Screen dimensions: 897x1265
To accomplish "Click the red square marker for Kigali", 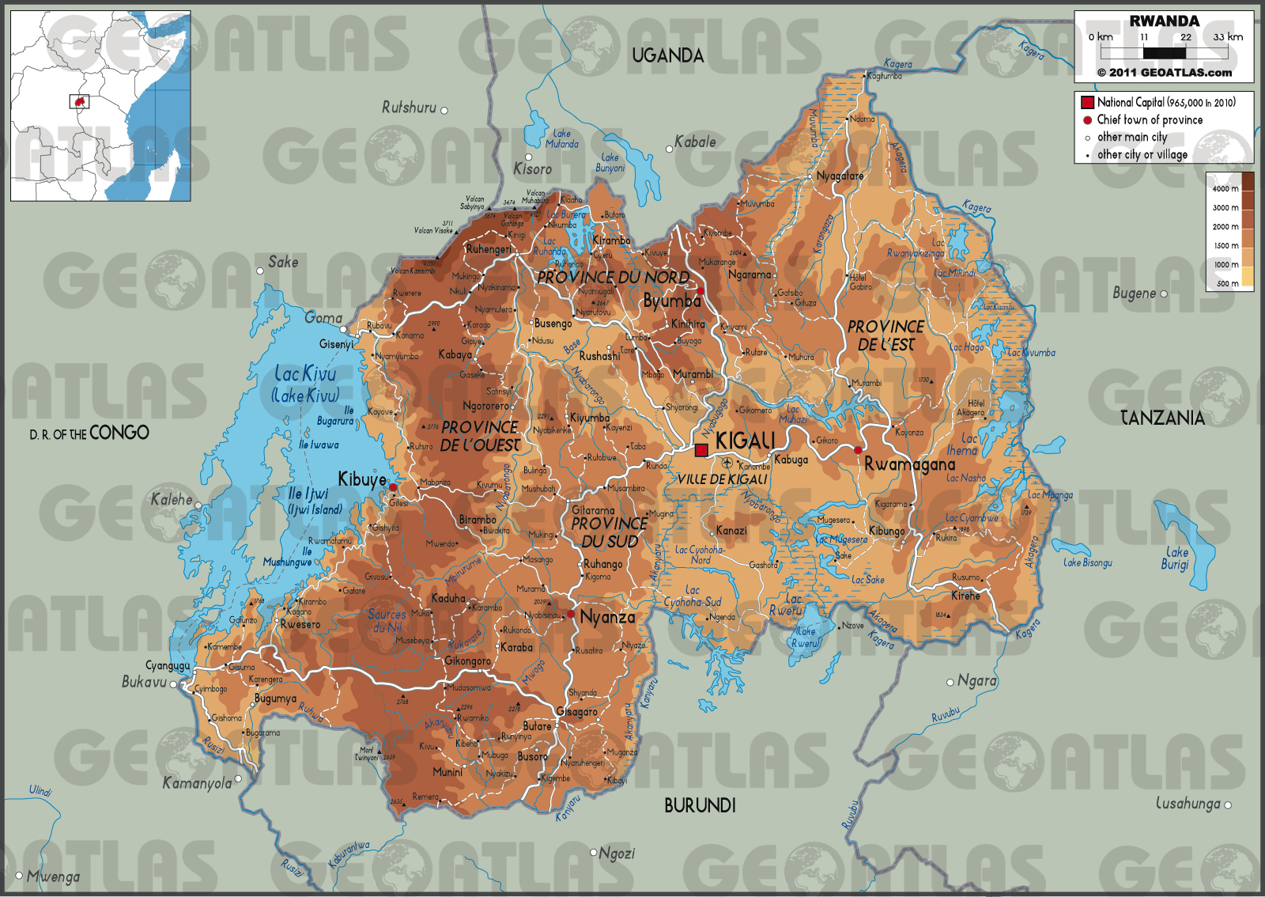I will click(701, 450).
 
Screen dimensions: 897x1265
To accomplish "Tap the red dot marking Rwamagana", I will click(858, 450).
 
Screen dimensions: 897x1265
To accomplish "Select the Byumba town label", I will click(672, 301).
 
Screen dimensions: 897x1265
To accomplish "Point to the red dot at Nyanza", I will click(571, 614).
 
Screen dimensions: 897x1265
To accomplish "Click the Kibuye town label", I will click(362, 479).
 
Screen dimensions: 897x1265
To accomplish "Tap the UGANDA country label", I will click(667, 55).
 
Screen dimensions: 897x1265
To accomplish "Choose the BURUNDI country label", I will click(700, 805).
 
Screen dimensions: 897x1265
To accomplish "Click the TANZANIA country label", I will click(1162, 418).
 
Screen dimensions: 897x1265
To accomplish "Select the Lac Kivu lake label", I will click(305, 373).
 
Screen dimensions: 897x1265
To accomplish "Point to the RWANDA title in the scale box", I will click(1164, 21).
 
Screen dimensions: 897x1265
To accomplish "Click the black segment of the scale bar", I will click(1165, 53).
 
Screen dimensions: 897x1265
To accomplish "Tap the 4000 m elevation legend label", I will click(1225, 188).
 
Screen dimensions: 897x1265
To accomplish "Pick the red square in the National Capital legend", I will click(1088, 102).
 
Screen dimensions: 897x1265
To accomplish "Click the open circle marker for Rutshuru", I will click(444, 110).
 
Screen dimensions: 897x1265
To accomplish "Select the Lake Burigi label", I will click(1176, 558).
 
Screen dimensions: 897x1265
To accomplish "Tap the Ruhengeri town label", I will click(489, 249).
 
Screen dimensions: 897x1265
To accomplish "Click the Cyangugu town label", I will click(168, 665).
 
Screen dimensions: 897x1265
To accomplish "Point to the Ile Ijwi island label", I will click(308, 494).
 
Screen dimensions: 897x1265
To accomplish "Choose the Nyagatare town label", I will click(840, 176).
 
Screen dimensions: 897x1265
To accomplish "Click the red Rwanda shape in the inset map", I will click(79, 102).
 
